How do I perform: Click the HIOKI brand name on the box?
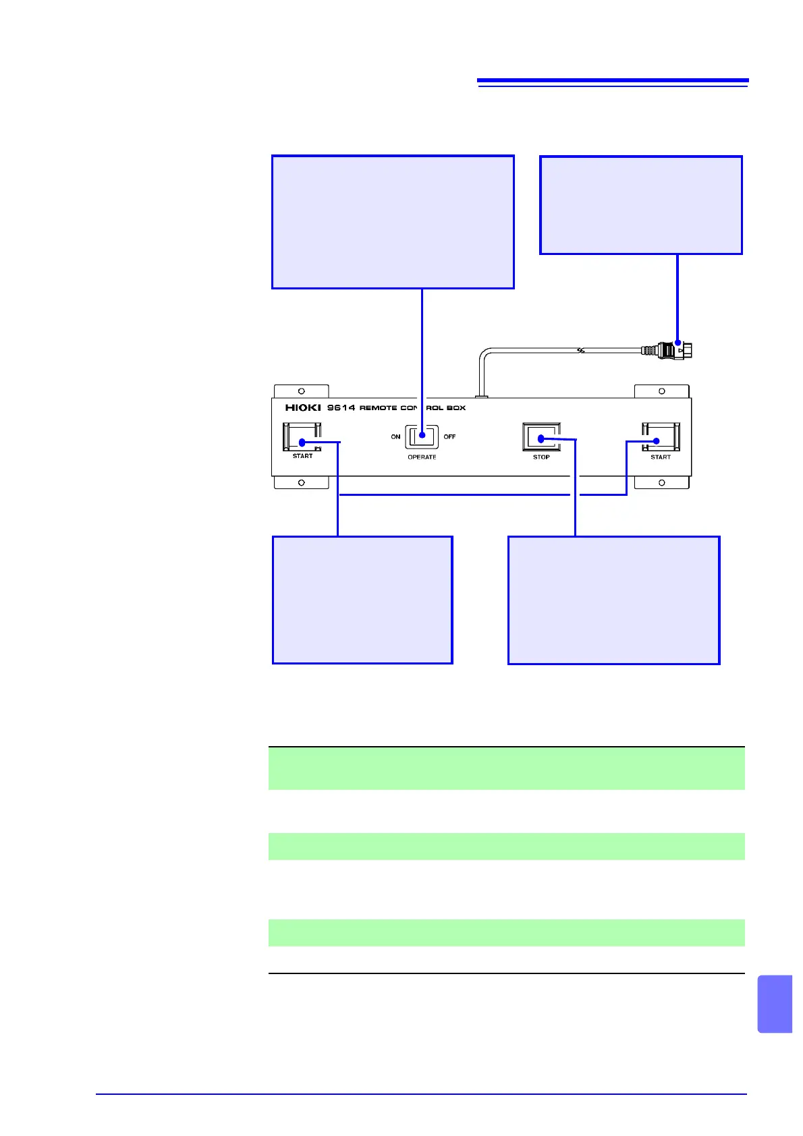[302, 407]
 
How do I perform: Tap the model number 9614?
[341, 407]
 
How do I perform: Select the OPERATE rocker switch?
[422, 437]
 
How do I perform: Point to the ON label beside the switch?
[395, 437]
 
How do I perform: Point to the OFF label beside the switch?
[449, 437]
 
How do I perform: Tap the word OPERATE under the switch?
[422, 457]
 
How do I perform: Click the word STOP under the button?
[541, 457]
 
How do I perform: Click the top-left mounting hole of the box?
[302, 391]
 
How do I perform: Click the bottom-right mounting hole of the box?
[661, 483]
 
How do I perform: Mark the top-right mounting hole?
[661, 391]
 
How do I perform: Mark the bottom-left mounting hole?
[302, 483]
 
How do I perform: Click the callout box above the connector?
[641, 205]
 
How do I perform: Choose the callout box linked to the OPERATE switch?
[393, 223]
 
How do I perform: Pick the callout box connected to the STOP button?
[613, 600]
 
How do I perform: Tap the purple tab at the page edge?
[775, 1004]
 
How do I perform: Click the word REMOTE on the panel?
[378, 408]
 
